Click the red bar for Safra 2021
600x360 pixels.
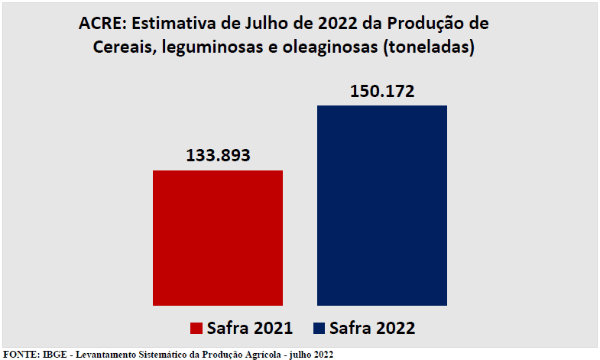point(218,238)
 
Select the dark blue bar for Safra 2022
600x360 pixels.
point(382,205)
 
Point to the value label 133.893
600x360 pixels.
point(219,157)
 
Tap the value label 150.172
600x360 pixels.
point(382,92)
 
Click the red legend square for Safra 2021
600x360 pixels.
point(196,328)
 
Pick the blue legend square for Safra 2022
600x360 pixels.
point(319,328)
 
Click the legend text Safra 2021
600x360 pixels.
point(250,328)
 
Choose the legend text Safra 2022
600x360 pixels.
point(374,328)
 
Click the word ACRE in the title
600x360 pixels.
point(98,23)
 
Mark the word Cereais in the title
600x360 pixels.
point(123,47)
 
